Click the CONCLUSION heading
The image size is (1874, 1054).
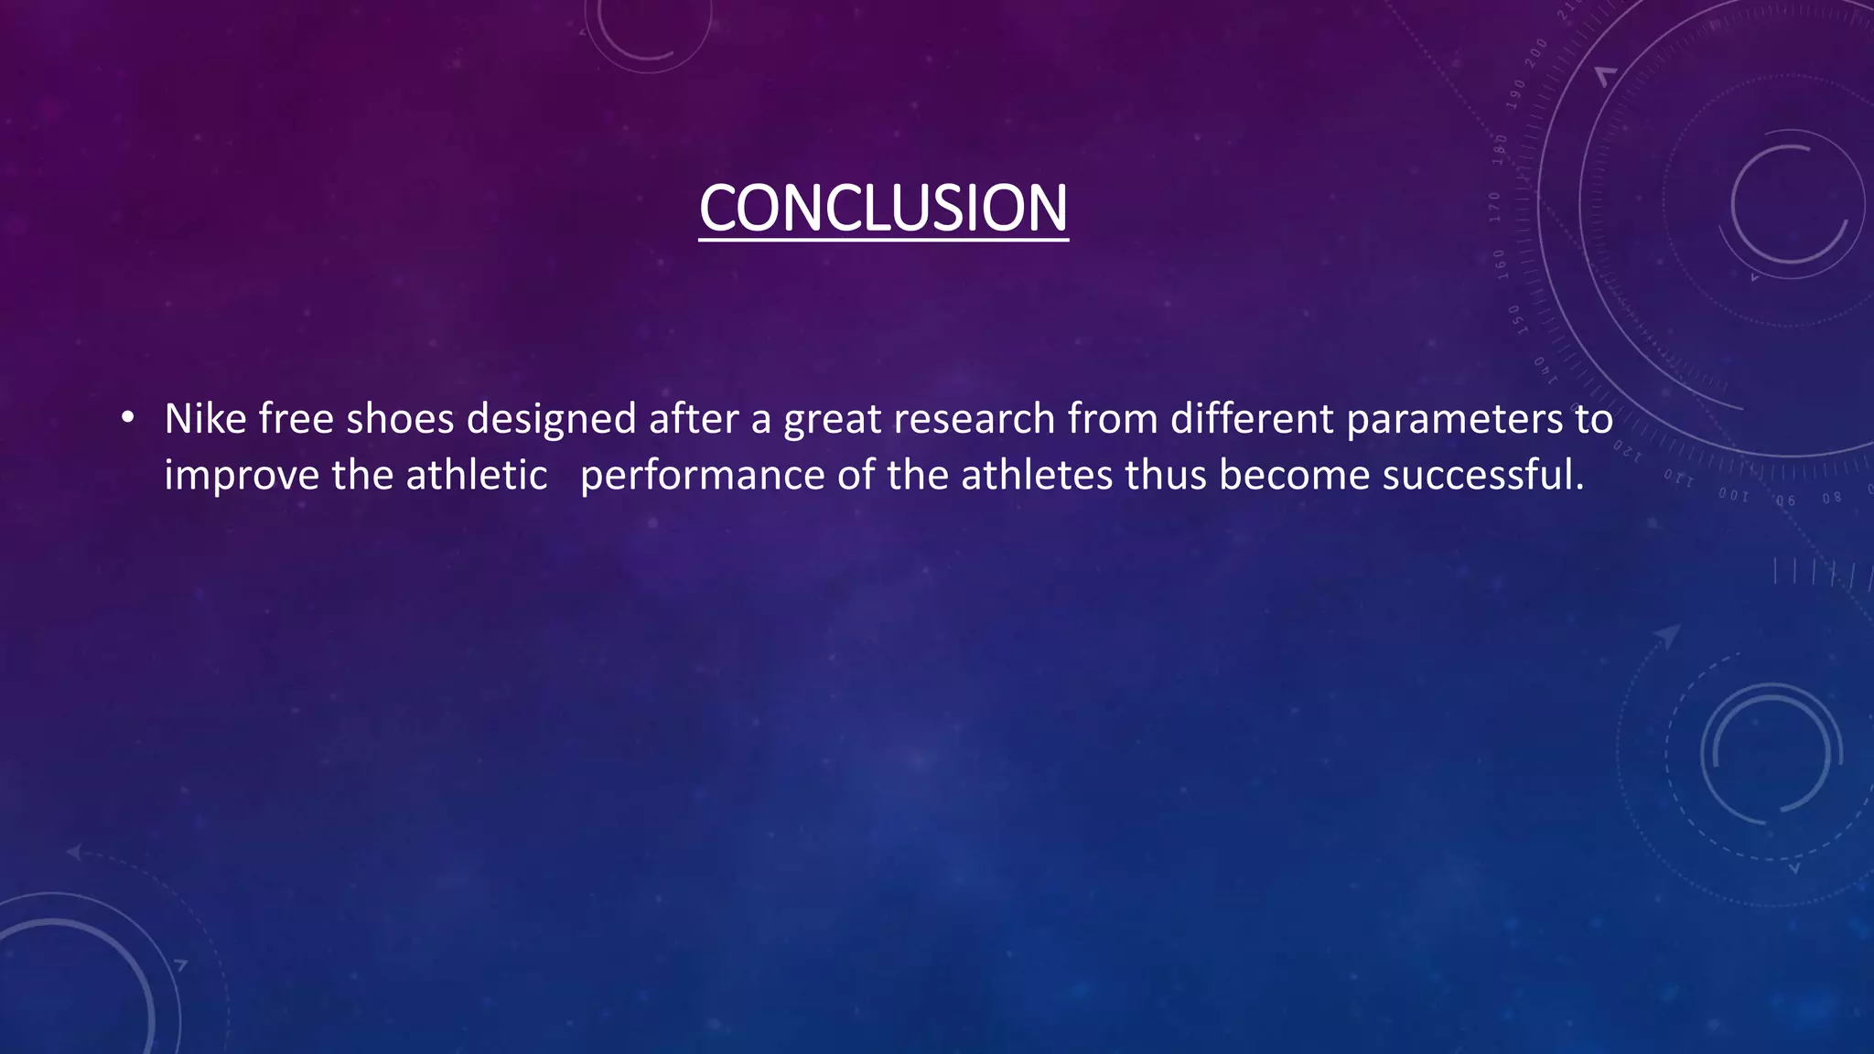tap(883, 209)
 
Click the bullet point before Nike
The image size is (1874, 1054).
tap(127, 419)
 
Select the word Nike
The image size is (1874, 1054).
tap(205, 419)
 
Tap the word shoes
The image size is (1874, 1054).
tap(400, 419)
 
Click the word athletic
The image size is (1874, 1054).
tap(477, 476)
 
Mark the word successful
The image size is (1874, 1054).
tap(1482, 476)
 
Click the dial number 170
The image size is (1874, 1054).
tap(1495, 207)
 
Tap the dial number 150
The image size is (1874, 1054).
tap(1514, 319)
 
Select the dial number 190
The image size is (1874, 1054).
tap(1517, 94)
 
